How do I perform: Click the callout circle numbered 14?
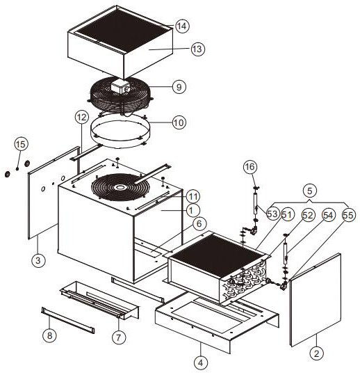click(x=182, y=26)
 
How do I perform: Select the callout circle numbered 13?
click(x=198, y=49)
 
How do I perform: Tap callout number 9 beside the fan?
click(x=179, y=87)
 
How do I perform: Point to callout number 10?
click(x=179, y=122)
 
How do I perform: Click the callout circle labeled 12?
click(x=82, y=117)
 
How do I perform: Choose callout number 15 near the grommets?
click(x=21, y=144)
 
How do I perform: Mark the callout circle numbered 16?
click(x=250, y=166)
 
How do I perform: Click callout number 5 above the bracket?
click(x=309, y=191)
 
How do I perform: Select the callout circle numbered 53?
click(x=272, y=214)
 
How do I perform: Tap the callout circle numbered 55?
click(x=348, y=215)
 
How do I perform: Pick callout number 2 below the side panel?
click(x=317, y=353)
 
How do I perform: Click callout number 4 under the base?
click(x=201, y=362)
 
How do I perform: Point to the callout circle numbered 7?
click(x=119, y=337)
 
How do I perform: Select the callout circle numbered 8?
click(x=49, y=335)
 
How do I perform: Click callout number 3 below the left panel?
click(x=38, y=260)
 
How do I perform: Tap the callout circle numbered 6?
click(x=199, y=224)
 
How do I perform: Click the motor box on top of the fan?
click(x=120, y=86)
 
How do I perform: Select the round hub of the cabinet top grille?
click(x=120, y=187)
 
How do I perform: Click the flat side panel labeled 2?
click(x=316, y=300)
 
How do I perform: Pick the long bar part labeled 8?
click(x=68, y=320)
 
